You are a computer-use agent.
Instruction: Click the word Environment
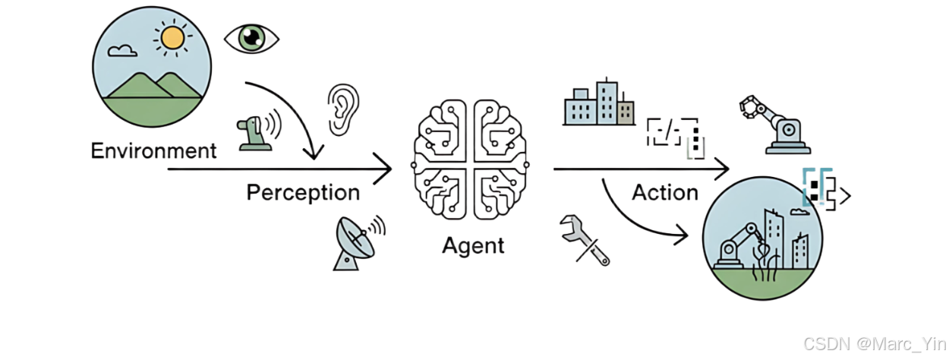153,150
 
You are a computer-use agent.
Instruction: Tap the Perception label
303,192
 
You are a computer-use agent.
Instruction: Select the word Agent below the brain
473,245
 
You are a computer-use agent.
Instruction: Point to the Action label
665,192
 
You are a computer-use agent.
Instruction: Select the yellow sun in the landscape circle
172,37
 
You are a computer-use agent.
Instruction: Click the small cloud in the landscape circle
122,51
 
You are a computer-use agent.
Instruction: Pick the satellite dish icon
354,242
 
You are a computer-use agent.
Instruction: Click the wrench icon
584,239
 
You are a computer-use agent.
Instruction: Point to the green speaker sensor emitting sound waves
256,131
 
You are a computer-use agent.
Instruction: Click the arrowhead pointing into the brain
385,169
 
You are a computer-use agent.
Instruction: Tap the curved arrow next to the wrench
638,220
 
